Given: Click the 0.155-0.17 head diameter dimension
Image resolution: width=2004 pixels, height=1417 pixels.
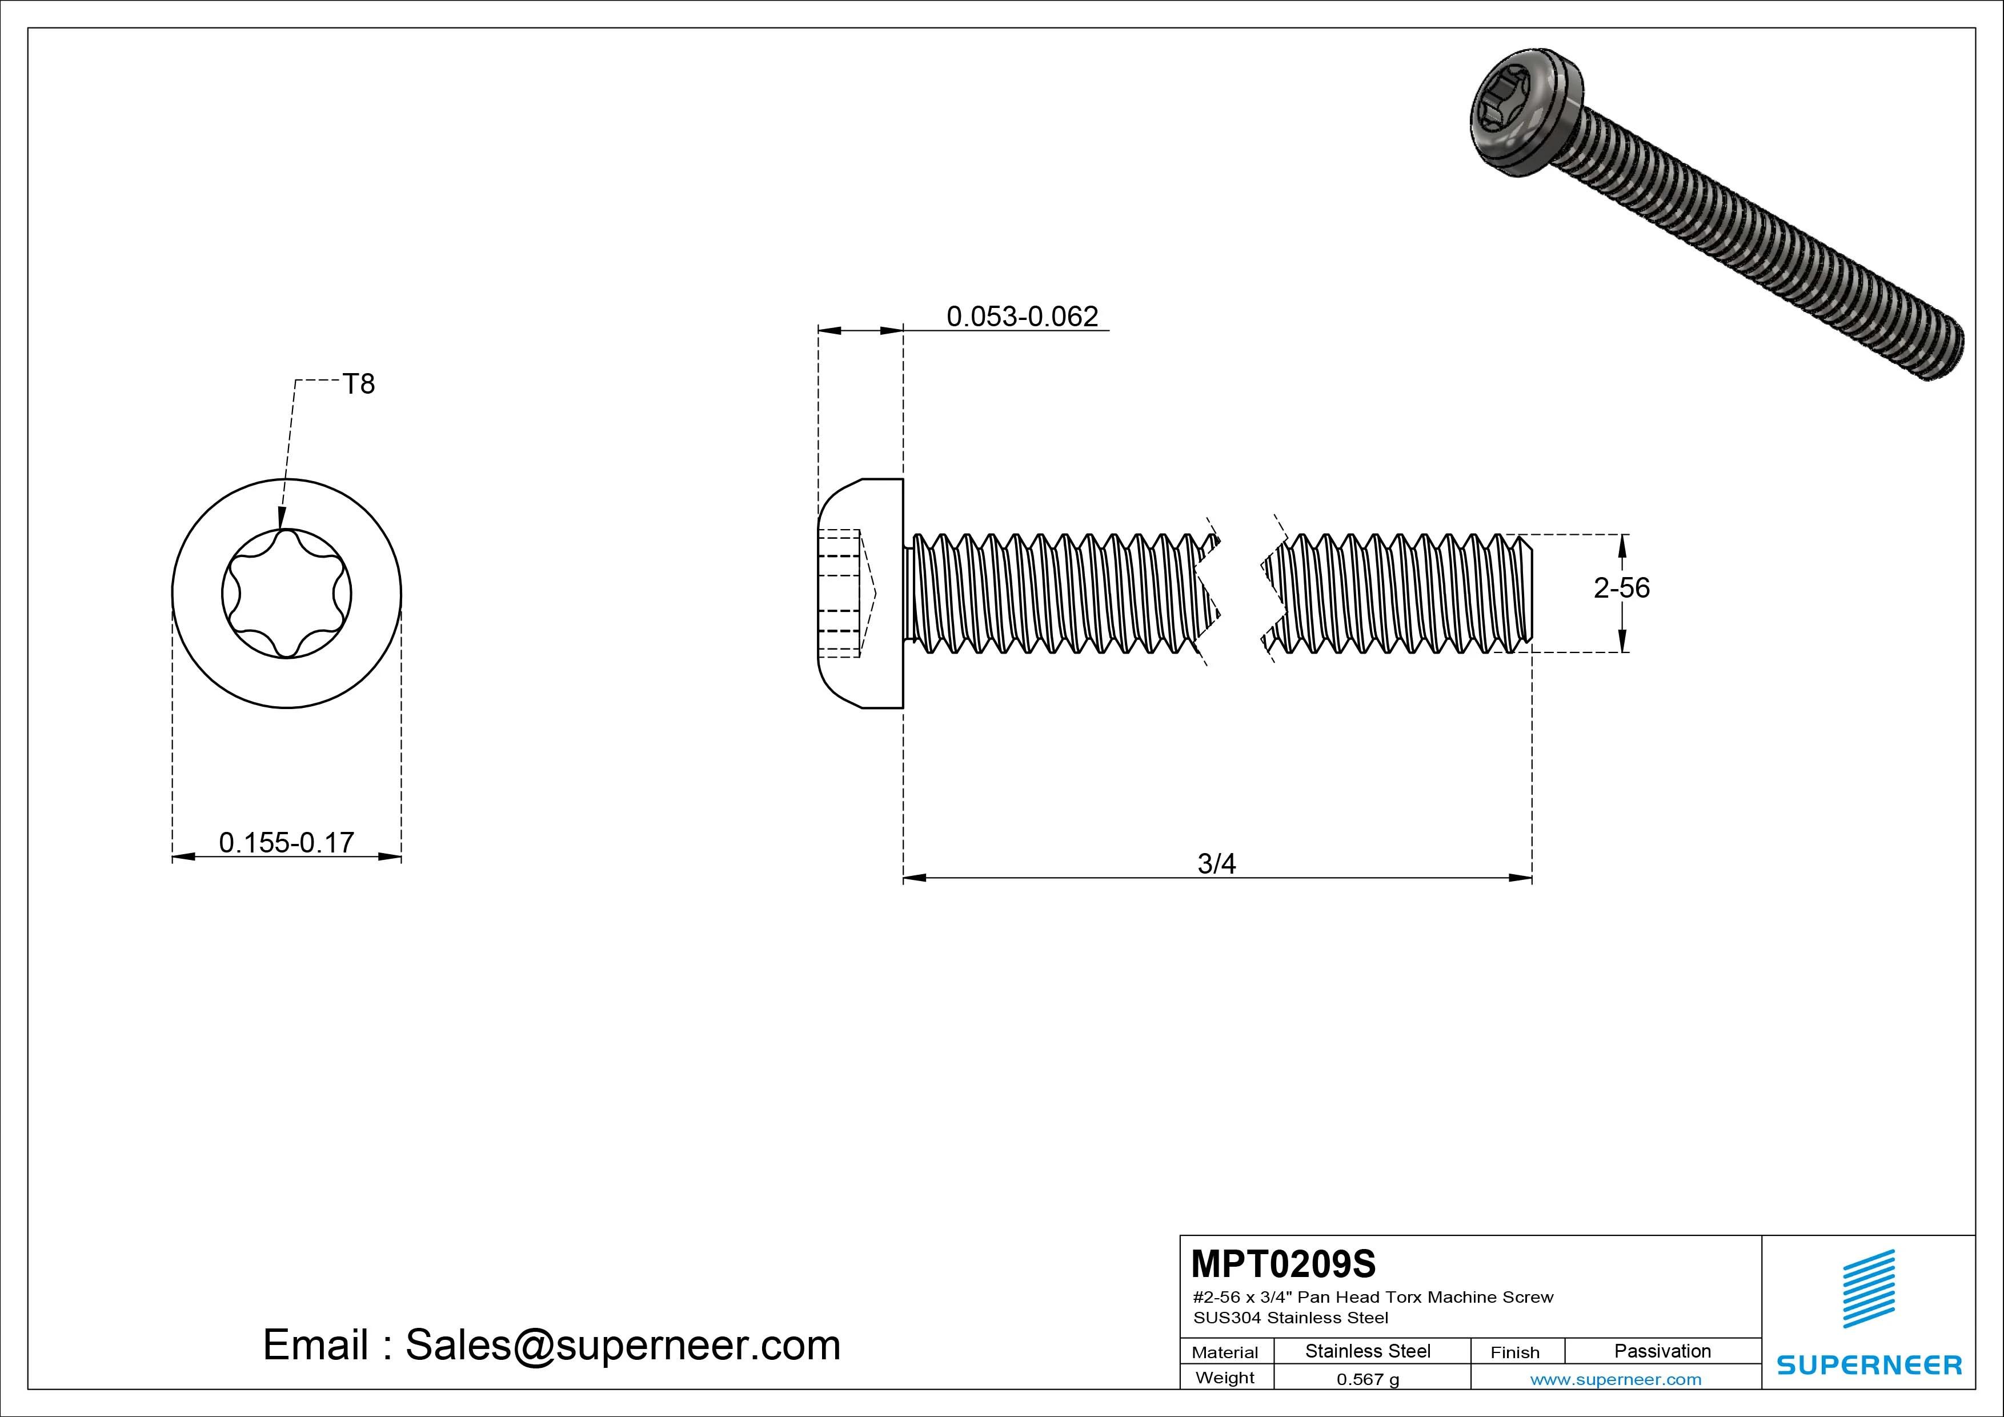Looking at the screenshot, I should [286, 843].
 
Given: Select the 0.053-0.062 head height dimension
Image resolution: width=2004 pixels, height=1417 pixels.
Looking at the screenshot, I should [1022, 316].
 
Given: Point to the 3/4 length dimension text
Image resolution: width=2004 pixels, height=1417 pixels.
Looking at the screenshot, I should [1217, 863].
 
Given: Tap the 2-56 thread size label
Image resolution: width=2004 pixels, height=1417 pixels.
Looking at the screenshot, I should [1622, 587].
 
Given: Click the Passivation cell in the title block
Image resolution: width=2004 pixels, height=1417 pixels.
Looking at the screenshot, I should [1662, 1351].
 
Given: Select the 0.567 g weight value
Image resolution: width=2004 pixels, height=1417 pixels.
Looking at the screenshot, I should [1368, 1379].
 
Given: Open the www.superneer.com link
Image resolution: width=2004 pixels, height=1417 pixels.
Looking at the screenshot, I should [1616, 1379].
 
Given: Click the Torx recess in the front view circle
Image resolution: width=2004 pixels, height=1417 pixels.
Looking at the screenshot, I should [286, 594].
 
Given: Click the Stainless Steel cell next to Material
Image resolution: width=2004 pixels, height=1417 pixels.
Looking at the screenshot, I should [1368, 1351].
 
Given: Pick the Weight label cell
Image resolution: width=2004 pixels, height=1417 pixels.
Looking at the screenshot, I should [1225, 1378].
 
